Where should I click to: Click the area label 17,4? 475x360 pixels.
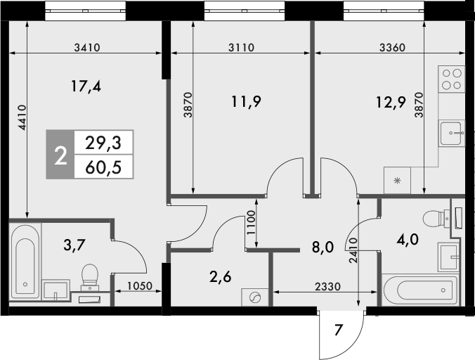click(x=86, y=86)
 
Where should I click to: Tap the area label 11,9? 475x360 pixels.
click(x=246, y=101)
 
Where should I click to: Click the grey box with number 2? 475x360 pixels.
click(x=60, y=155)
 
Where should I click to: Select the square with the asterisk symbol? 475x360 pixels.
click(x=398, y=181)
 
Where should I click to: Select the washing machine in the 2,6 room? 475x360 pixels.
click(x=255, y=297)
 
